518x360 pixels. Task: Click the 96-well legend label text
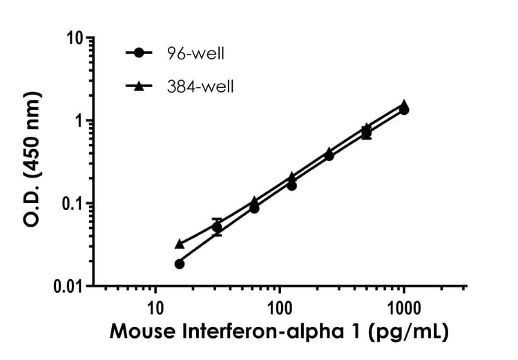pyautogui.click(x=195, y=53)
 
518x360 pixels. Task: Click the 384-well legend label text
pyautogui.click(x=200, y=86)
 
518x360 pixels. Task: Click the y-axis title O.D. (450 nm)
pyautogui.click(x=30, y=162)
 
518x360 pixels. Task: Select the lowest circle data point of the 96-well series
pyautogui.click(x=180, y=263)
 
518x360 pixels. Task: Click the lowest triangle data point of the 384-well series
pyautogui.click(x=180, y=244)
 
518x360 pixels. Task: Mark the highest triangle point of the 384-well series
pyautogui.click(x=404, y=104)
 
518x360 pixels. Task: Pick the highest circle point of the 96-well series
pyautogui.click(x=404, y=110)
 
